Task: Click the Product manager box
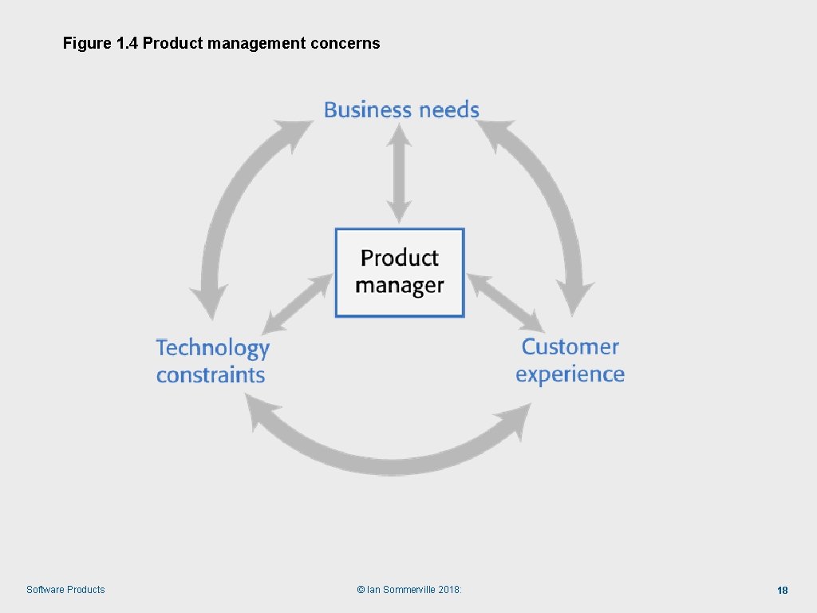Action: point(399,272)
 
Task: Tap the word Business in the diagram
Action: point(367,110)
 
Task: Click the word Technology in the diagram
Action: point(212,349)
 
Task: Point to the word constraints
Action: point(211,375)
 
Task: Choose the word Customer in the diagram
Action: point(570,347)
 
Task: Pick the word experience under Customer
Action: point(570,374)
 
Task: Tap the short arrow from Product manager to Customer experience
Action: point(504,303)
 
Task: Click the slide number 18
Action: point(783,591)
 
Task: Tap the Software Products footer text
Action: point(65,590)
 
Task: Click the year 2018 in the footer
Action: point(448,590)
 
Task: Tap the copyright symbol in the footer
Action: point(361,590)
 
